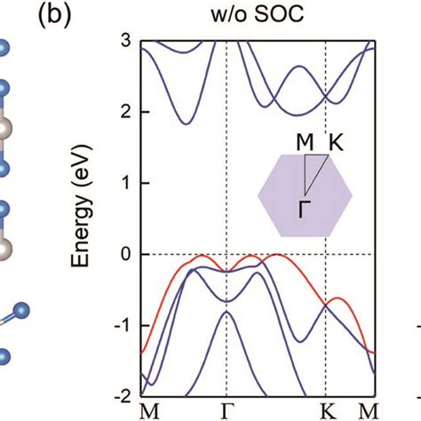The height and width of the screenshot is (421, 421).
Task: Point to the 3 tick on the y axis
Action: point(126,41)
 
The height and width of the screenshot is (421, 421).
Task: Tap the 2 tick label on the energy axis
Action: point(126,112)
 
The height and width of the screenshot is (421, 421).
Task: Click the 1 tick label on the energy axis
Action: point(126,183)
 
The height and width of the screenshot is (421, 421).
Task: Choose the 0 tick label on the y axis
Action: point(126,255)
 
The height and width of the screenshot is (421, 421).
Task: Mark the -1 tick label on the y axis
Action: point(123,326)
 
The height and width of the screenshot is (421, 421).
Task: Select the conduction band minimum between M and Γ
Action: point(181,123)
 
